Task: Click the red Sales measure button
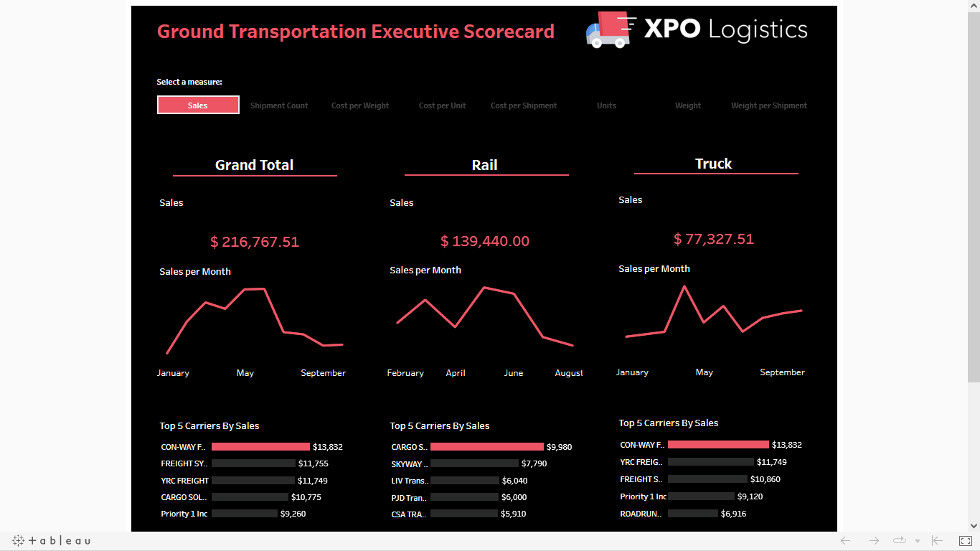(198, 105)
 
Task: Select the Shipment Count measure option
(279, 105)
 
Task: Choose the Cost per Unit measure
(442, 105)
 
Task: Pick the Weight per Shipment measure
(768, 105)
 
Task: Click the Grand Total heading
(254, 165)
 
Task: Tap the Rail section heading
(485, 165)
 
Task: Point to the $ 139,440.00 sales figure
(485, 242)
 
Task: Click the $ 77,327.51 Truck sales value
(714, 239)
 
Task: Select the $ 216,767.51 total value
(255, 242)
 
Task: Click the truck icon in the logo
(608, 30)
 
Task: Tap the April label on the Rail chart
(456, 373)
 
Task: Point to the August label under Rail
(569, 373)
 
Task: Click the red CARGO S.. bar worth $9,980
(487, 447)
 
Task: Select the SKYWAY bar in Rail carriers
(474, 463)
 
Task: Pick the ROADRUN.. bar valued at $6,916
(693, 514)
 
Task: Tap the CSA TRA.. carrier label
(409, 514)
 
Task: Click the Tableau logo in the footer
(52, 541)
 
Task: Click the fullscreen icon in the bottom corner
(966, 541)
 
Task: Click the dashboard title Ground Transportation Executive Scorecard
(356, 32)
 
